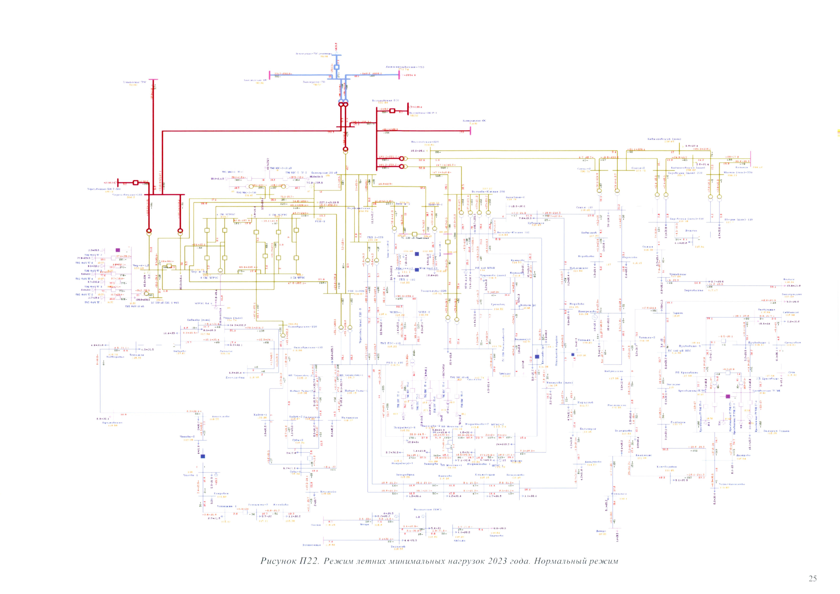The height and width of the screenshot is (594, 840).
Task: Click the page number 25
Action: tap(813, 578)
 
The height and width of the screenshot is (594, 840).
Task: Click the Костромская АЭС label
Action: tap(474, 121)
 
